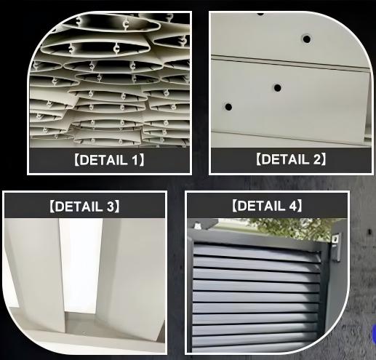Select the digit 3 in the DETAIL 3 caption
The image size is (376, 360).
pos(111,207)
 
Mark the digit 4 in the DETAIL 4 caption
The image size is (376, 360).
pos(294,206)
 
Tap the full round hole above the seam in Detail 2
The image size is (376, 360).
pos(306,38)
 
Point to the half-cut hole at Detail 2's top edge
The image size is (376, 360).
pos(260,13)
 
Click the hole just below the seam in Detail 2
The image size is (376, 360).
pos(278,88)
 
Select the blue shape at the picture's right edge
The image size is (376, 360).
pos(373,334)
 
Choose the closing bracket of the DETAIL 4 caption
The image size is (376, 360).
pos(302,206)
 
